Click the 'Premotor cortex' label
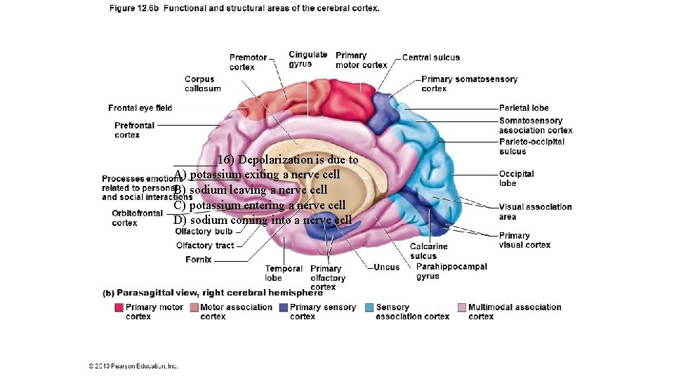pos(248,62)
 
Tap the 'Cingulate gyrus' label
pos(308,59)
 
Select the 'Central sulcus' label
pos(431,58)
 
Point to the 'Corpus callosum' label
pos(202,84)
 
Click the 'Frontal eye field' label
pos(140,108)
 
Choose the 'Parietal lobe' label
pos(524,108)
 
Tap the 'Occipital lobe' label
pos(516,178)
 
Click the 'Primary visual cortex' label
pos(524,240)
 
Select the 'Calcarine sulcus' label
pos(428,251)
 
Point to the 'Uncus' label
pos(386,267)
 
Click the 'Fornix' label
pos(198,260)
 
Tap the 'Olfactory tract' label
pos(204,246)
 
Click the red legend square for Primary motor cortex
pos(119,307)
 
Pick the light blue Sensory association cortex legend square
pos(369,307)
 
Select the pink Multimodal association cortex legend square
pos(461,307)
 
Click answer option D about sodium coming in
pos(263,220)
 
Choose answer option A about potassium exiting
pos(257,174)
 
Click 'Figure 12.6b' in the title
pos(133,8)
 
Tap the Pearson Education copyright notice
pos(133,366)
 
